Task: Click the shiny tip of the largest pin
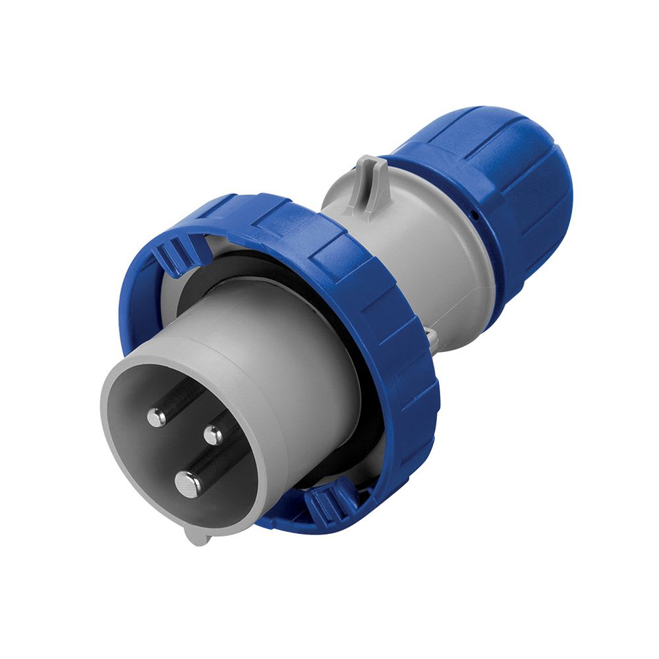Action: pyautogui.click(x=188, y=484)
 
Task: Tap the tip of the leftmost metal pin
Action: pyautogui.click(x=156, y=416)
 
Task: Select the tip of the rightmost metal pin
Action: pyautogui.click(x=213, y=435)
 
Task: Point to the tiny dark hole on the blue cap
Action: pyautogui.click(x=476, y=215)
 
